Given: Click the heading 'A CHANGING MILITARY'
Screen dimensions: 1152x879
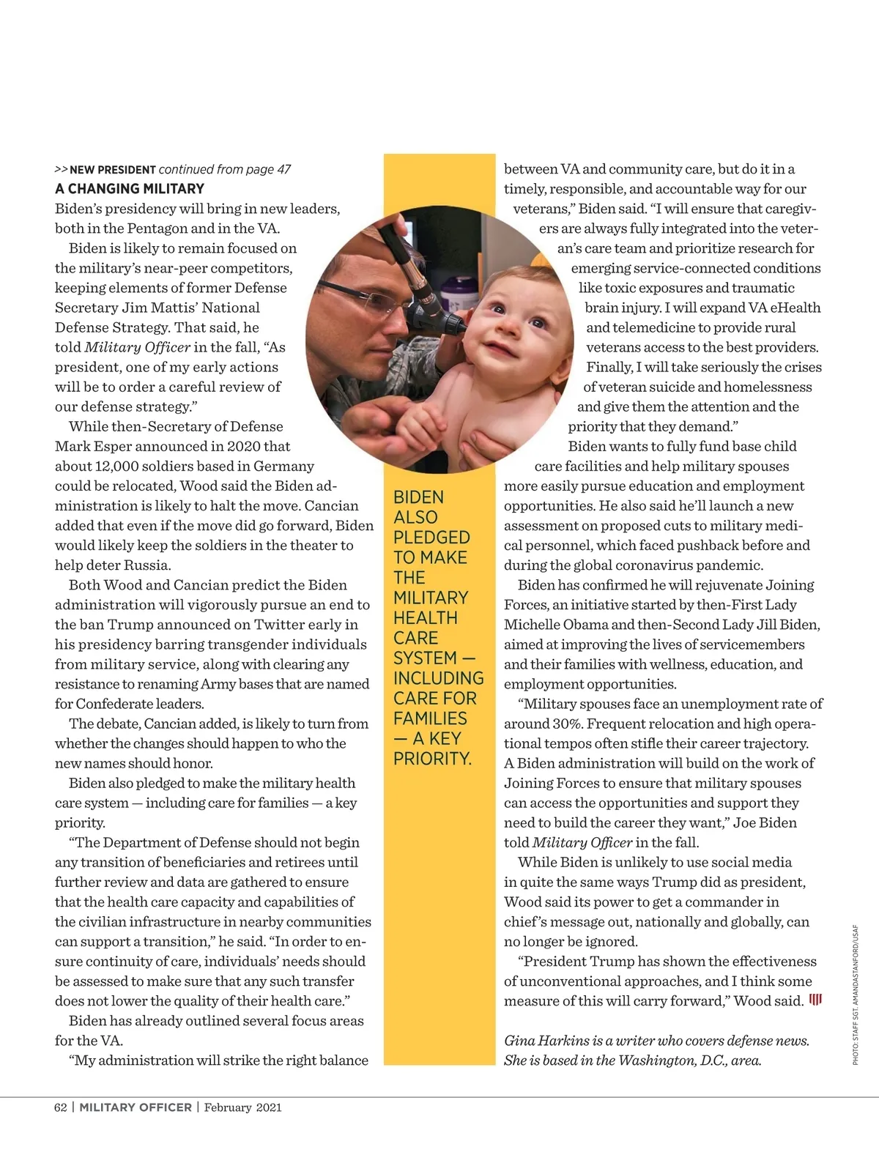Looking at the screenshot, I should (130, 189).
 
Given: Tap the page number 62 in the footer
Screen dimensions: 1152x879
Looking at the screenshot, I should (61, 1107).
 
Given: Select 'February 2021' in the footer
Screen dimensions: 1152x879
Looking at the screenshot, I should (242, 1107).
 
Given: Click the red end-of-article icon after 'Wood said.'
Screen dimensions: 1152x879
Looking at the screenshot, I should (815, 1000).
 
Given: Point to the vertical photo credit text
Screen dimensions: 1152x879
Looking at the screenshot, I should (856, 995).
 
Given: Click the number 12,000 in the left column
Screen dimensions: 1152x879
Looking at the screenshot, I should (118, 467).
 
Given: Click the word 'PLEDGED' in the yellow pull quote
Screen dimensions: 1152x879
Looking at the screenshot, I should (431, 538).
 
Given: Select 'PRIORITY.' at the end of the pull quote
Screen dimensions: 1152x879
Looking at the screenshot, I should (432, 759).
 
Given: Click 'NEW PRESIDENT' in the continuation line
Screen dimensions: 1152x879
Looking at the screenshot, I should (113, 170).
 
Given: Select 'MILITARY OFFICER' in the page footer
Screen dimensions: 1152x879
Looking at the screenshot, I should (136, 1107).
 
